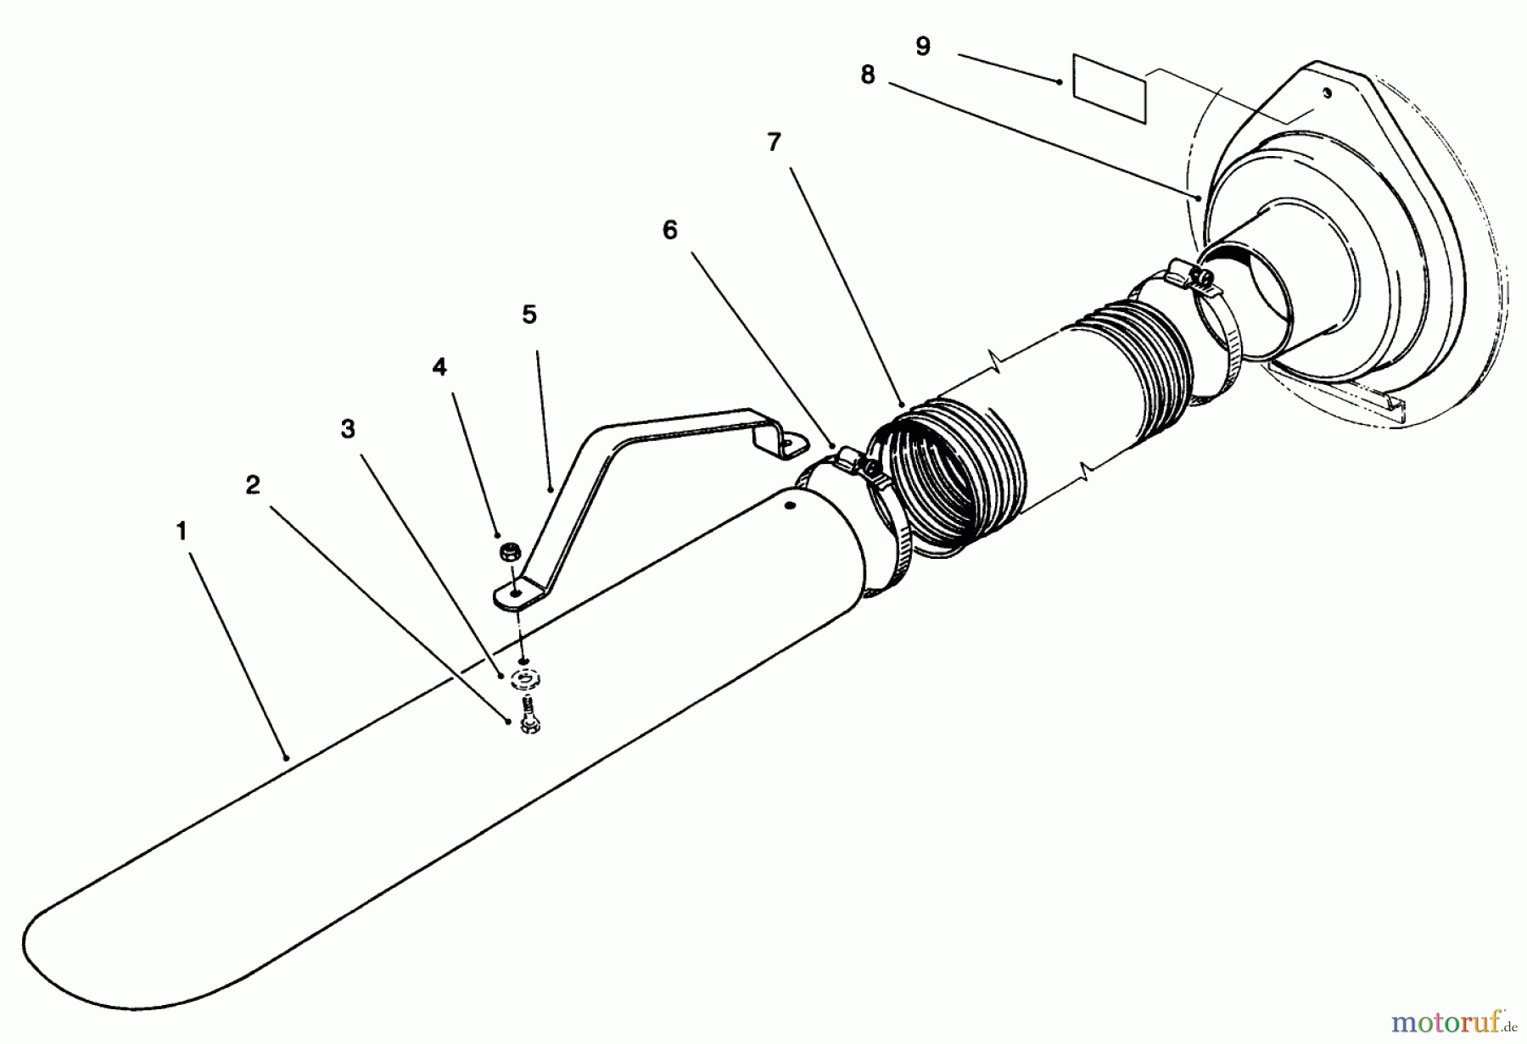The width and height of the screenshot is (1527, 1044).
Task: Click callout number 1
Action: (x=181, y=532)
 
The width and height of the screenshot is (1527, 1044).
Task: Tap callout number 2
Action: (x=253, y=485)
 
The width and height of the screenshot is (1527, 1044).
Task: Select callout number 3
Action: (x=348, y=429)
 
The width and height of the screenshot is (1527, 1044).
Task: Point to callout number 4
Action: (x=439, y=367)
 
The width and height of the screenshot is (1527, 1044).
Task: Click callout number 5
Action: (x=529, y=315)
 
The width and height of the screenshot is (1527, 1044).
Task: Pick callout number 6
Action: (x=670, y=230)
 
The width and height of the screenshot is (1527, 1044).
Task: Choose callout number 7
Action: (x=774, y=142)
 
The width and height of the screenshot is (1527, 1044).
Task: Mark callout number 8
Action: (x=867, y=75)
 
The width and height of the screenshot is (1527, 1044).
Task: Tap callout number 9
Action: (x=924, y=46)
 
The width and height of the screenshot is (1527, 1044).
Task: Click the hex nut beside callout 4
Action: (x=510, y=553)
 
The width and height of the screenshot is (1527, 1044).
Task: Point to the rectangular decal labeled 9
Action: (x=1110, y=88)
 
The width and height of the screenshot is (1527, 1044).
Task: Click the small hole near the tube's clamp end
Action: (x=789, y=505)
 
